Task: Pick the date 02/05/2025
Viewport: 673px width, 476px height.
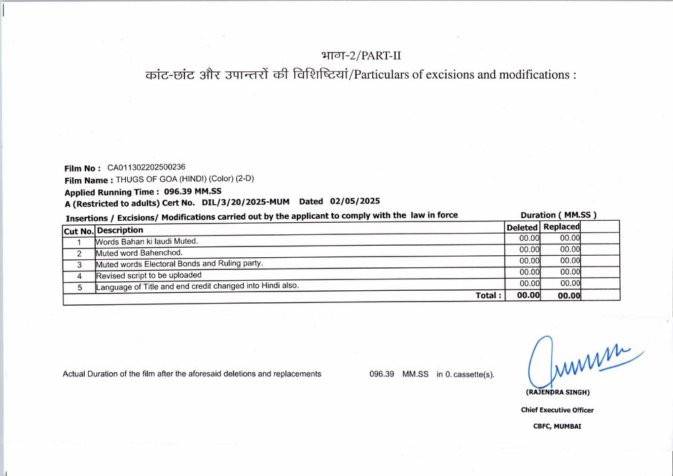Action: pyautogui.click(x=355, y=201)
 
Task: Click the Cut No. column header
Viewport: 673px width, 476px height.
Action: pyautogui.click(x=79, y=231)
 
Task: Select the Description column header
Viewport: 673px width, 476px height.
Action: pyautogui.click(x=120, y=230)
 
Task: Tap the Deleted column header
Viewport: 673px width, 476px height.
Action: pyautogui.click(x=522, y=228)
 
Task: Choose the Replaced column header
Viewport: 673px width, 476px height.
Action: pyautogui.click(x=561, y=227)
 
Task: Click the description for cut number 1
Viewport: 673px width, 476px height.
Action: pyautogui.click(x=147, y=241)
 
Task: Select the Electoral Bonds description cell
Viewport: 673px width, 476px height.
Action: pyautogui.click(x=179, y=263)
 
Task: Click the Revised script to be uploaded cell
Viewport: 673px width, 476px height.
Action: pyautogui.click(x=149, y=275)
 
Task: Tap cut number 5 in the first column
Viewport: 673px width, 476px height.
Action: pyautogui.click(x=79, y=287)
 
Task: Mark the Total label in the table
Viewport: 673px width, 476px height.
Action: pyautogui.click(x=489, y=295)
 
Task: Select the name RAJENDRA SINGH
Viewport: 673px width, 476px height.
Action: pyautogui.click(x=557, y=393)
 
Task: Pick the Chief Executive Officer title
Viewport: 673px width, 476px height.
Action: pyautogui.click(x=557, y=409)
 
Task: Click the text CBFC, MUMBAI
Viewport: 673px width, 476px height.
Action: pyautogui.click(x=557, y=426)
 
